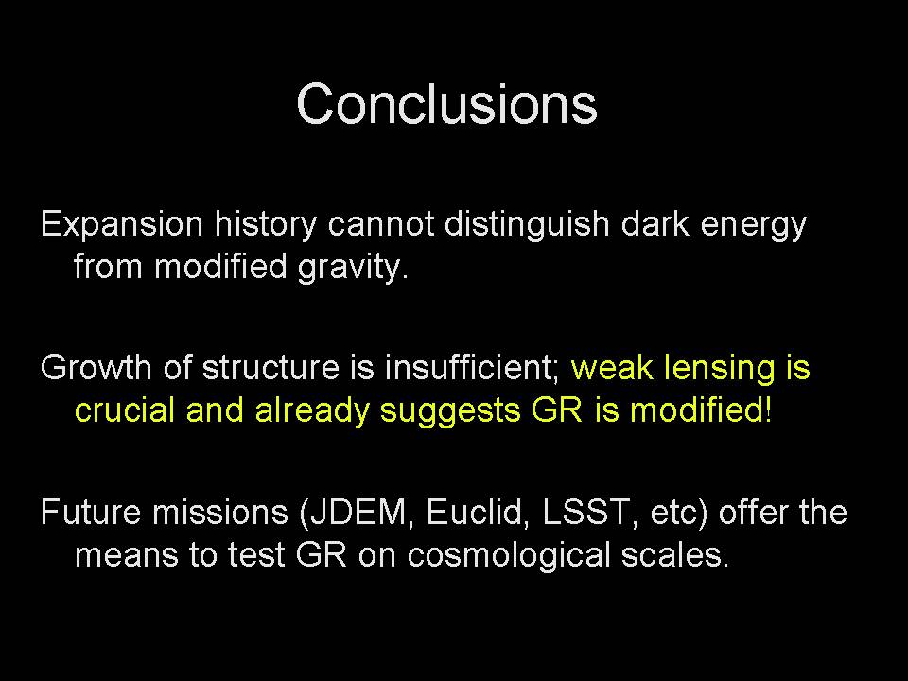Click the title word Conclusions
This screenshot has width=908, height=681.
coord(446,104)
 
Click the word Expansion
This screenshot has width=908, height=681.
coord(122,225)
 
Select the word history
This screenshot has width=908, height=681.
coord(266,225)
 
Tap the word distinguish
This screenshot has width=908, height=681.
coord(527,225)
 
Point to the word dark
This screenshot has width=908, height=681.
coord(655,223)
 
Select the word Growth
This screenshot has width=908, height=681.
coord(96,368)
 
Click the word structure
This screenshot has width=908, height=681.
coord(270,368)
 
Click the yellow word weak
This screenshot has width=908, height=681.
coord(612,368)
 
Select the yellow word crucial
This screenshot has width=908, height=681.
coord(125,410)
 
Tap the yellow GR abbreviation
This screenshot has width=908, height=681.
coord(556,410)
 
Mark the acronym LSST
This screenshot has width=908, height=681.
coord(585,513)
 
